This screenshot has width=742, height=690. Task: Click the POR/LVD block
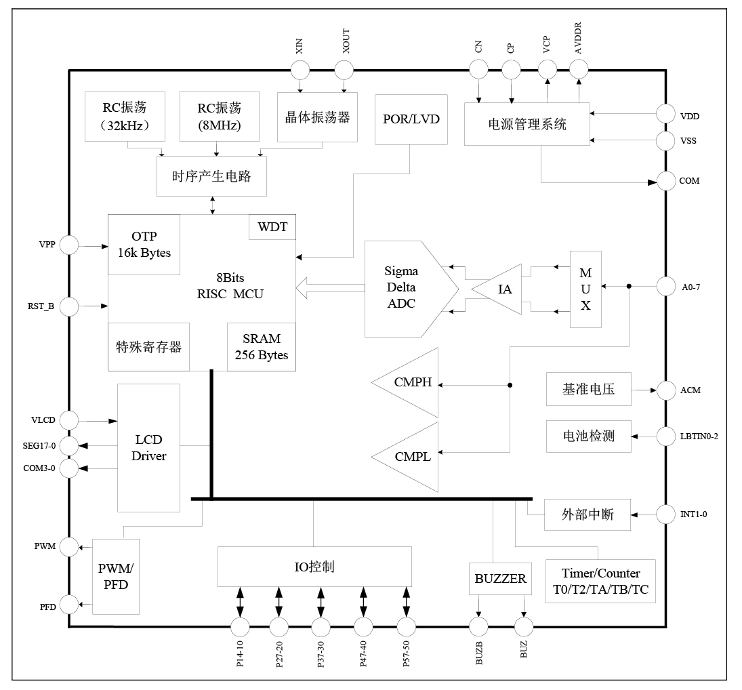click(x=411, y=119)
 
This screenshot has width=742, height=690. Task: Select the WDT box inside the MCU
click(x=272, y=227)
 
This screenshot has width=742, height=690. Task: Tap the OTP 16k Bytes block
click(x=144, y=245)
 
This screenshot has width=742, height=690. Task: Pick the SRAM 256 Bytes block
click(x=261, y=346)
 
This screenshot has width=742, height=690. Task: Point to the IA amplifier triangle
click(x=501, y=289)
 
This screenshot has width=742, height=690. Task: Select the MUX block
click(x=585, y=289)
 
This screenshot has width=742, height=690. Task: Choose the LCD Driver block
click(x=149, y=448)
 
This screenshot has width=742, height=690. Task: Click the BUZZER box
click(x=500, y=579)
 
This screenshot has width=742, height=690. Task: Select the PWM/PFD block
click(x=115, y=576)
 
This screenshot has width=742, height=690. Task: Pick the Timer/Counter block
click(x=600, y=582)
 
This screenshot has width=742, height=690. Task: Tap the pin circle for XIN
click(x=300, y=69)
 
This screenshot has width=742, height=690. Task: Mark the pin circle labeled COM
click(x=667, y=181)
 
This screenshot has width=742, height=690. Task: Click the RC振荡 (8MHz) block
click(x=219, y=117)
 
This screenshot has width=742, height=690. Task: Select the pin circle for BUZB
click(x=479, y=626)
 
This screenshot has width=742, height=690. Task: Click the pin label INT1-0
click(x=694, y=514)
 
